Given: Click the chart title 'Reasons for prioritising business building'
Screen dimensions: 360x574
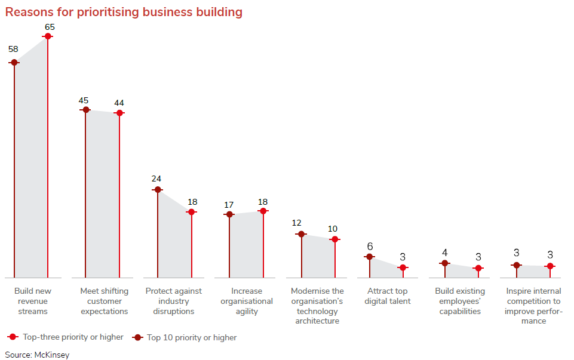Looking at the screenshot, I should pyautogui.click(x=124, y=12).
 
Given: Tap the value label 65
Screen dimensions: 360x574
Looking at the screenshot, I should pyautogui.click(x=50, y=27).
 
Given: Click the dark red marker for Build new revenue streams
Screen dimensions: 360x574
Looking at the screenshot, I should pyautogui.click(x=14, y=62).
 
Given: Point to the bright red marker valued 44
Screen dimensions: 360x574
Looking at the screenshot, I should pyautogui.click(x=119, y=113).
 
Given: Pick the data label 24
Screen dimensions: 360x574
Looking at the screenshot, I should pyautogui.click(x=156, y=179).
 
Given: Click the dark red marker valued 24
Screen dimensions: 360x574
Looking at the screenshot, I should pyautogui.click(x=158, y=190).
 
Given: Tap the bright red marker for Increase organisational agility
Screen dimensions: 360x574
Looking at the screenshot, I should pyautogui.click(x=263, y=211).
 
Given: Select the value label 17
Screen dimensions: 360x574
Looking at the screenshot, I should pyautogui.click(x=229, y=205).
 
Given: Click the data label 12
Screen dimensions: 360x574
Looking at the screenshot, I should pyautogui.click(x=297, y=223).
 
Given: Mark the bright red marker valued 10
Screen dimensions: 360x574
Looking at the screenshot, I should pyautogui.click(x=335, y=239).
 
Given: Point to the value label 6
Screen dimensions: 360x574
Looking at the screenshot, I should pyautogui.click(x=370, y=247).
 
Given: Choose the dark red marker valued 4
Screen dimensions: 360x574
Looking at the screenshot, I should pyautogui.click(x=444, y=263).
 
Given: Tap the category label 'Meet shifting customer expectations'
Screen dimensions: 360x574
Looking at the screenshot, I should pyautogui.click(x=104, y=301).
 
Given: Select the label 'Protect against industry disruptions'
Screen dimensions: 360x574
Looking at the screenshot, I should pyautogui.click(x=174, y=301).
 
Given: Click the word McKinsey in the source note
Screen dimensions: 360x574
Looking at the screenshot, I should pyautogui.click(x=51, y=355).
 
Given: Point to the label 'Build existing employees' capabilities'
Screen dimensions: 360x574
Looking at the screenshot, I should pyautogui.click(x=460, y=301).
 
